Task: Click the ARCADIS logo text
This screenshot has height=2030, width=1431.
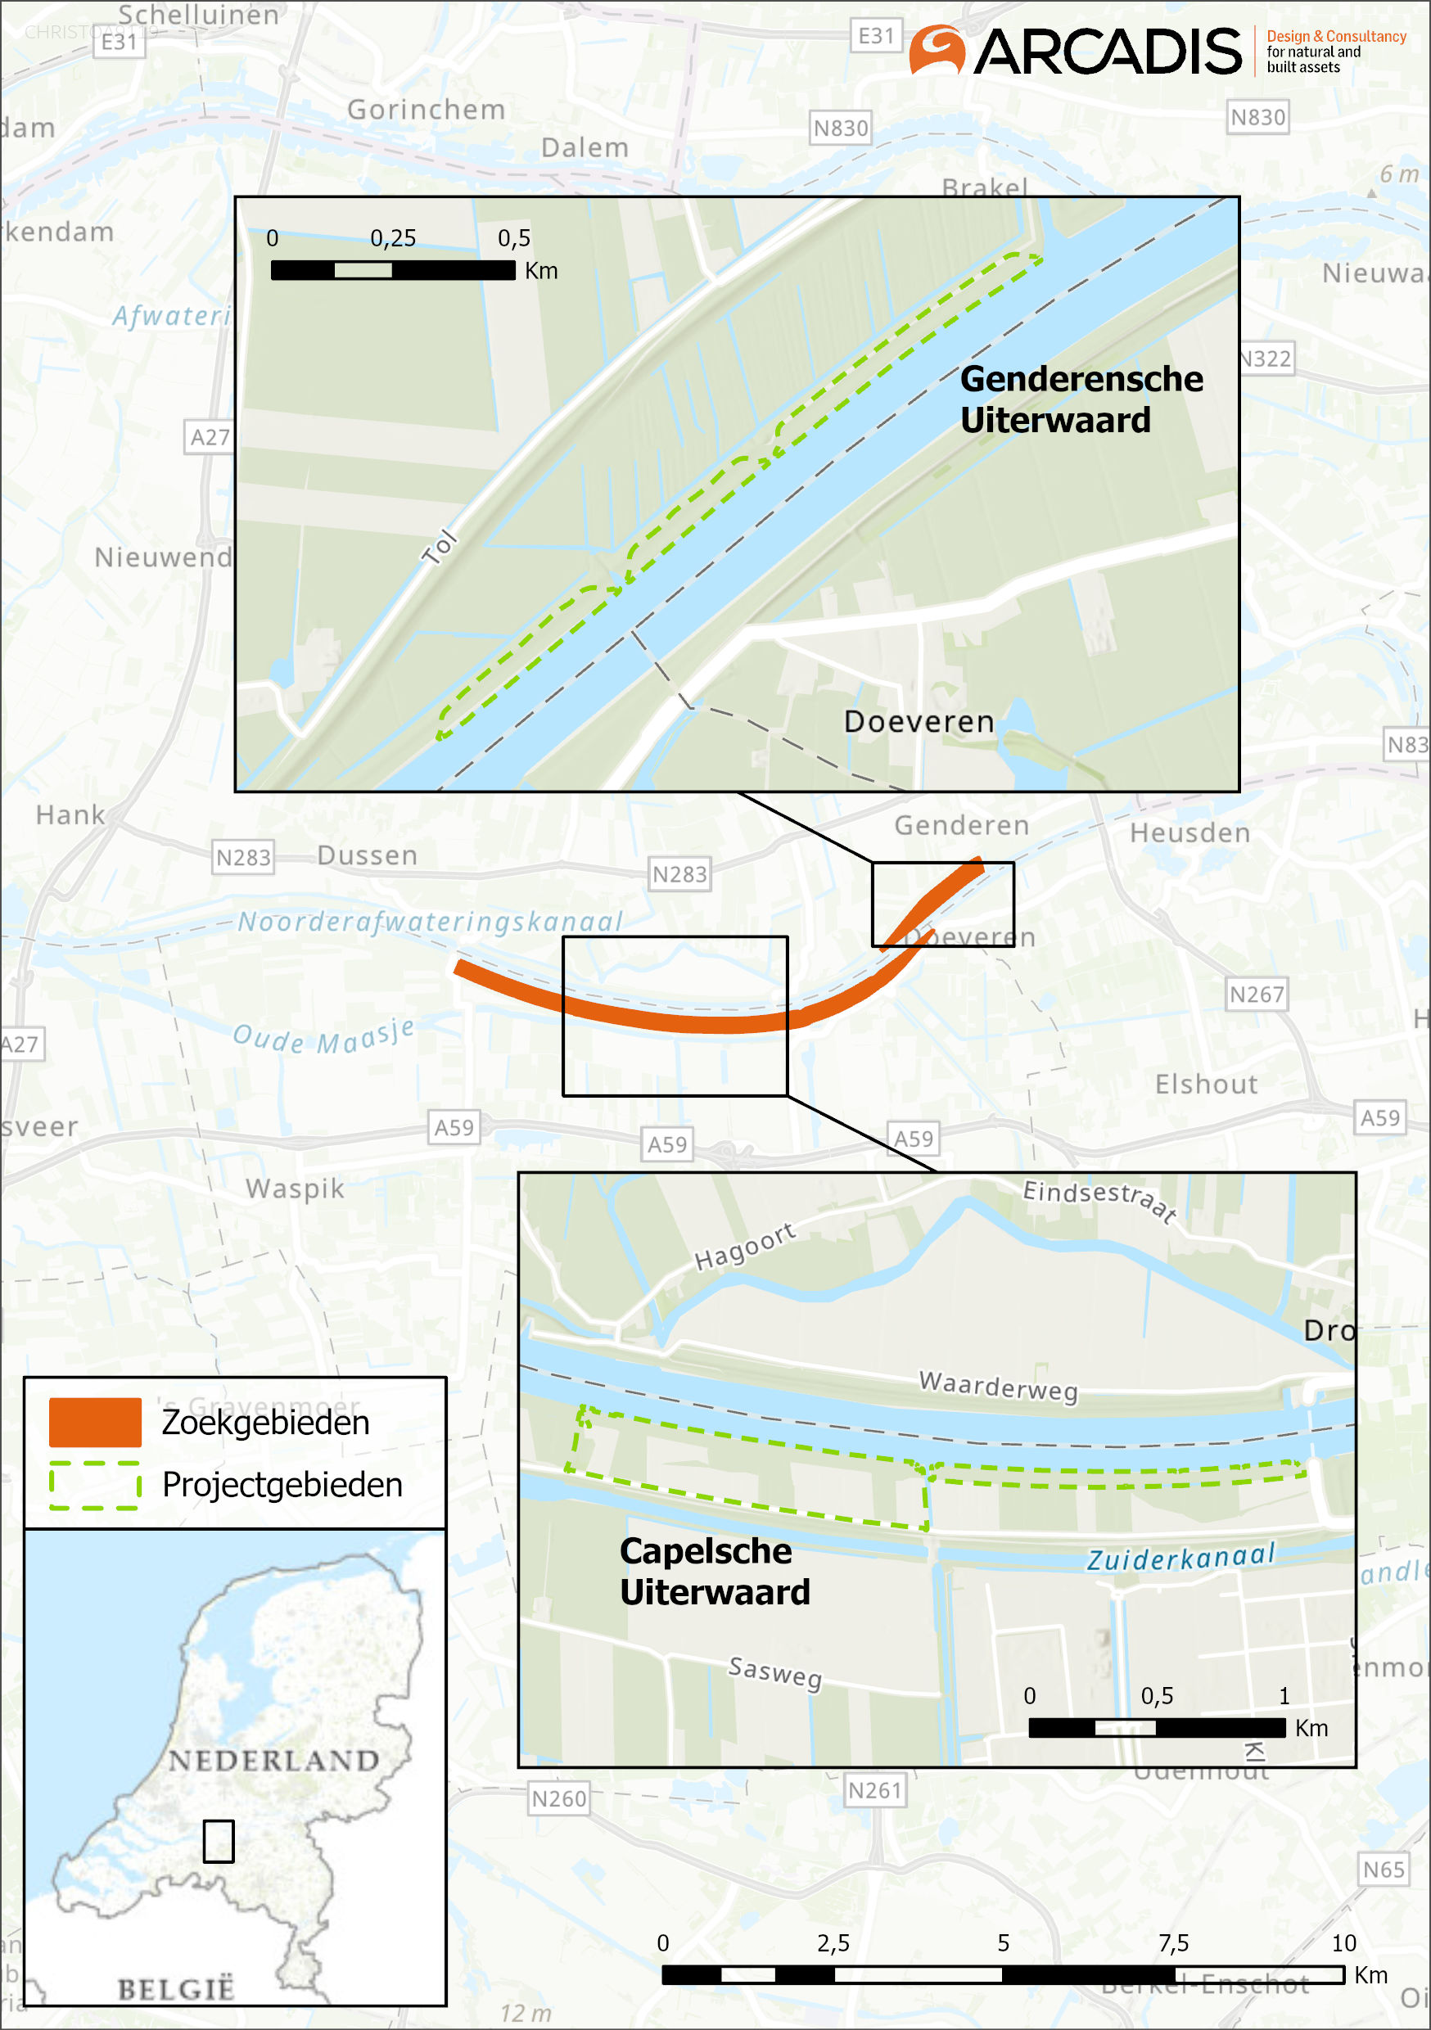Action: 1108,52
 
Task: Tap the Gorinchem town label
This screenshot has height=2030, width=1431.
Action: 427,110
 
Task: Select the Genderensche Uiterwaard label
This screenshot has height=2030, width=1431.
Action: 1080,399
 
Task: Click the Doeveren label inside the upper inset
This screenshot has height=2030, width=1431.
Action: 919,721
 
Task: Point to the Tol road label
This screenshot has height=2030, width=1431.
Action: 440,548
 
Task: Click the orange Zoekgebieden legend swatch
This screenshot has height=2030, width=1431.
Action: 95,1422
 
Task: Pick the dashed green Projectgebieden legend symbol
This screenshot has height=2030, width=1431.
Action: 95,1485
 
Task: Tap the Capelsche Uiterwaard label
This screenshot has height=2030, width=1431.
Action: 714,1571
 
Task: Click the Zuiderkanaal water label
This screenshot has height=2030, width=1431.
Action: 1180,1557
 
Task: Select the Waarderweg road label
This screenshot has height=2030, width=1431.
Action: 999,1386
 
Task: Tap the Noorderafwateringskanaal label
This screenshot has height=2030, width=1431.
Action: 431,922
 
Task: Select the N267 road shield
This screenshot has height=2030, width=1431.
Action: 1256,995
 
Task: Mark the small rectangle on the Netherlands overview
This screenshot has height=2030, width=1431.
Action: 219,1841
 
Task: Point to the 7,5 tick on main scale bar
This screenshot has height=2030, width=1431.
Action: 1174,1943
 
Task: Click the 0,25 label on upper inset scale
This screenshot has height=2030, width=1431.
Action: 393,239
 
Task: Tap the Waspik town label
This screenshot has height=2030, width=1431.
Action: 295,1189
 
